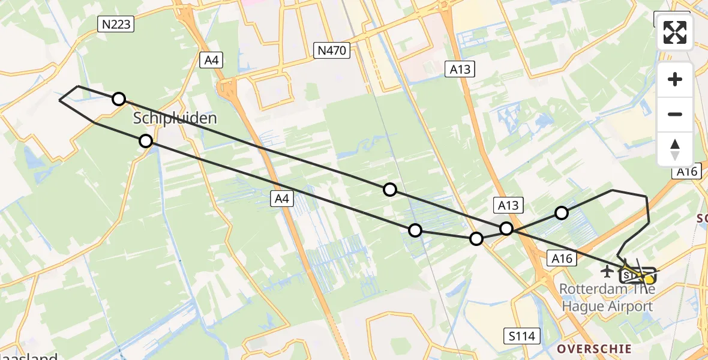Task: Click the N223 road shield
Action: (x=115, y=24)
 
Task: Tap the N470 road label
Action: (x=332, y=50)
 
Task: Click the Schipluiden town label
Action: (x=175, y=118)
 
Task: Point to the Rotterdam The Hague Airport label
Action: (x=606, y=298)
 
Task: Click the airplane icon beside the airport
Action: (x=607, y=272)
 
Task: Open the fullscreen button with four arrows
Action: (x=675, y=32)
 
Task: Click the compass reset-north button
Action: (x=675, y=149)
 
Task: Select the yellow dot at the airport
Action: (x=649, y=279)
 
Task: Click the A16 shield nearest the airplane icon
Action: (x=561, y=259)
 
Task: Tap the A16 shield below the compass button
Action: (x=687, y=172)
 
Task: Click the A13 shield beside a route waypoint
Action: (x=508, y=206)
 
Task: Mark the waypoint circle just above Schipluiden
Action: (x=119, y=99)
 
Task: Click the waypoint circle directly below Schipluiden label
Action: (x=145, y=141)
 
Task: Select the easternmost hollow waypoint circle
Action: (x=561, y=212)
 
